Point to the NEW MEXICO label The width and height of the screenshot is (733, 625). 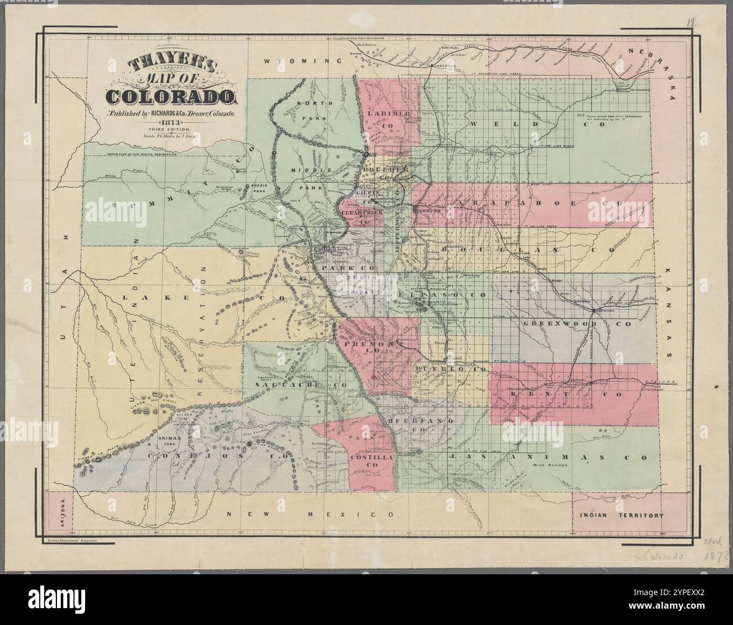tap(308, 515)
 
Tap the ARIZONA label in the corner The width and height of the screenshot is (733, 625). tap(63, 514)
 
